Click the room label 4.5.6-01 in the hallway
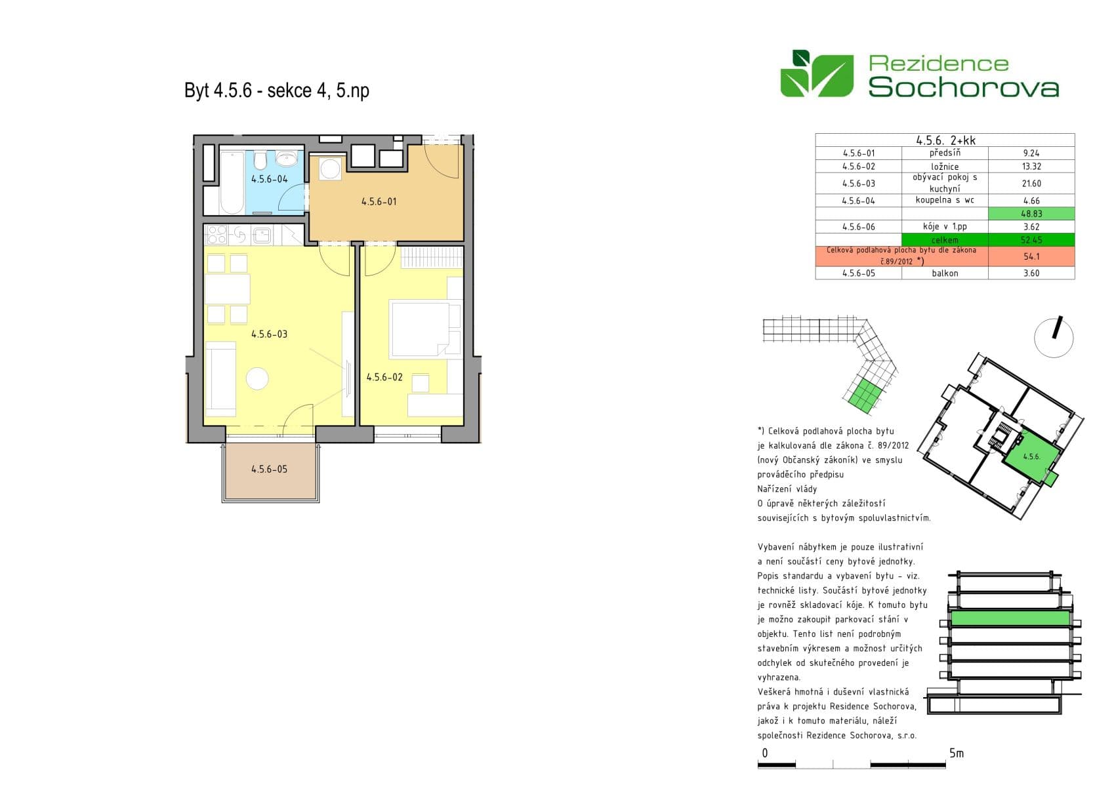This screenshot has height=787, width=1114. point(379,202)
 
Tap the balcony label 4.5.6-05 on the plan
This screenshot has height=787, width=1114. point(269,470)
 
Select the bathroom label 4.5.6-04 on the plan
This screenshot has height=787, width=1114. point(269,179)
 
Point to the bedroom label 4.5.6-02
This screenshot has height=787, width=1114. point(384,378)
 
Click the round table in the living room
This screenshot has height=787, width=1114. point(257,379)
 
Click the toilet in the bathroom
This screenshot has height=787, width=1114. point(260,160)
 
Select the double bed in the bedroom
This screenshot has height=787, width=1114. point(420,328)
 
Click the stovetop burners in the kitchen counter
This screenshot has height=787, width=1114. point(217,234)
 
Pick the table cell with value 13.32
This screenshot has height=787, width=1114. point(1031,167)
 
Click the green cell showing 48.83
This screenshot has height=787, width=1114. point(1031,214)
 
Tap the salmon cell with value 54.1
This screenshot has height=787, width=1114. point(1031,256)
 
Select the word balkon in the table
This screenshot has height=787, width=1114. point(945,273)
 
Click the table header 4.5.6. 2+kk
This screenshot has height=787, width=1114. point(945,140)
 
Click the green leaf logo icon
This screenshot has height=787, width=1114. point(817,74)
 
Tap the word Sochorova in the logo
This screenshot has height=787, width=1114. point(963,87)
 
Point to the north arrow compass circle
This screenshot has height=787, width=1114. point(1054,338)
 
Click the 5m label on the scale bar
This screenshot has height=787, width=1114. point(957,754)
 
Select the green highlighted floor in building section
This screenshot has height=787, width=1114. point(1010,618)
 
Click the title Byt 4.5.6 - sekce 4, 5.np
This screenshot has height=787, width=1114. point(276,91)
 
